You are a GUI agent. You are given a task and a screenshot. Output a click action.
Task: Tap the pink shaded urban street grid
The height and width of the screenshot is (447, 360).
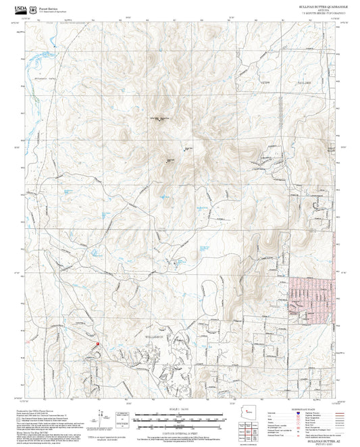click(x=314, y=297)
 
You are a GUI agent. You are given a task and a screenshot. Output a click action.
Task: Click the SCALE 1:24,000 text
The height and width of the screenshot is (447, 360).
click(x=180, y=409)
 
